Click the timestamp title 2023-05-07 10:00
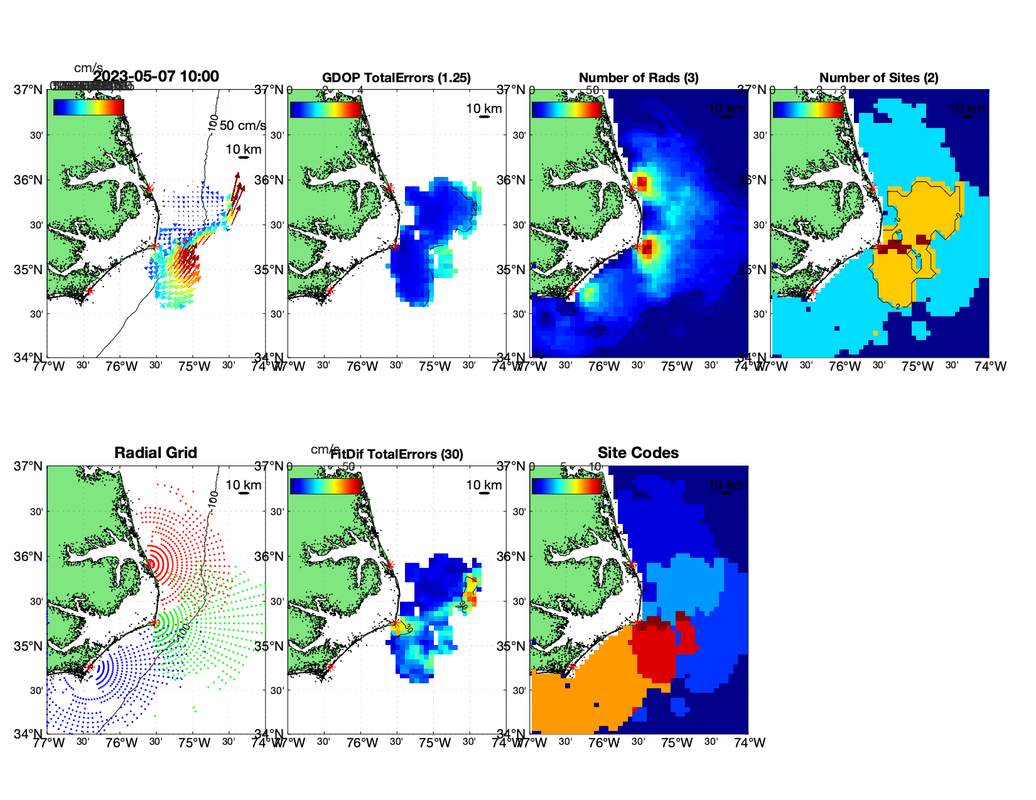(156, 77)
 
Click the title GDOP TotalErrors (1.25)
(396, 78)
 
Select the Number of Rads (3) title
(639, 78)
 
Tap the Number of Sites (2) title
(878, 78)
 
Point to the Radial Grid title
(156, 453)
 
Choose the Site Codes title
(638, 453)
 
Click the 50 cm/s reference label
(242, 125)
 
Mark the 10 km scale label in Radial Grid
(244, 485)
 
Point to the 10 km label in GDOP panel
(484, 109)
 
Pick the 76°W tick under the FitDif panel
(362, 743)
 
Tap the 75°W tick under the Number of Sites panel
(917, 366)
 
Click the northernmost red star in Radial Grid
(149, 564)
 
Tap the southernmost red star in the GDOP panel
(330, 291)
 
